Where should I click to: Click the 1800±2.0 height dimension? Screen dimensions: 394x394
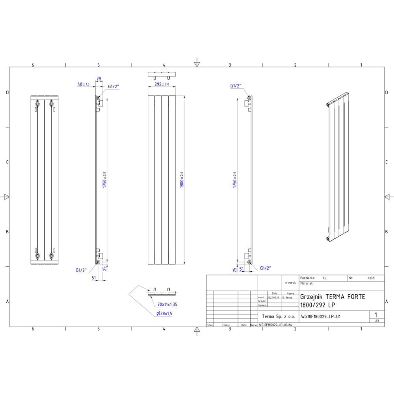click(x=182, y=179)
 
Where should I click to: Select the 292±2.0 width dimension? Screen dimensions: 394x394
click(x=162, y=84)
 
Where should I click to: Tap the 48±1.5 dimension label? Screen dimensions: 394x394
click(x=84, y=84)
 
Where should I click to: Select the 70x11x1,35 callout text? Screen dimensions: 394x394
click(x=167, y=305)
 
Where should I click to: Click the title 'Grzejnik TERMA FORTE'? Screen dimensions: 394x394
click(x=333, y=297)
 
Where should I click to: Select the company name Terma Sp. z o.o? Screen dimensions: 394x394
click(x=278, y=316)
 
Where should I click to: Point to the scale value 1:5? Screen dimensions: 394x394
click(x=324, y=278)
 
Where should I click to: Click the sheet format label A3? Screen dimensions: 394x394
click(x=377, y=321)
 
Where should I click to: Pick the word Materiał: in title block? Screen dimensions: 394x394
click(x=307, y=283)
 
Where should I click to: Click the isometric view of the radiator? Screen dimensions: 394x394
click(x=337, y=167)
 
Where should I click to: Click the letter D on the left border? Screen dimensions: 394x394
click(x=6, y=93)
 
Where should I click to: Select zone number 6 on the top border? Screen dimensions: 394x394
click(x=33, y=65)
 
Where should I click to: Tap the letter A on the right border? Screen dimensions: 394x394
click(x=387, y=301)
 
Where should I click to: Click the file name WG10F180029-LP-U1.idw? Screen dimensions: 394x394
click(x=275, y=325)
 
